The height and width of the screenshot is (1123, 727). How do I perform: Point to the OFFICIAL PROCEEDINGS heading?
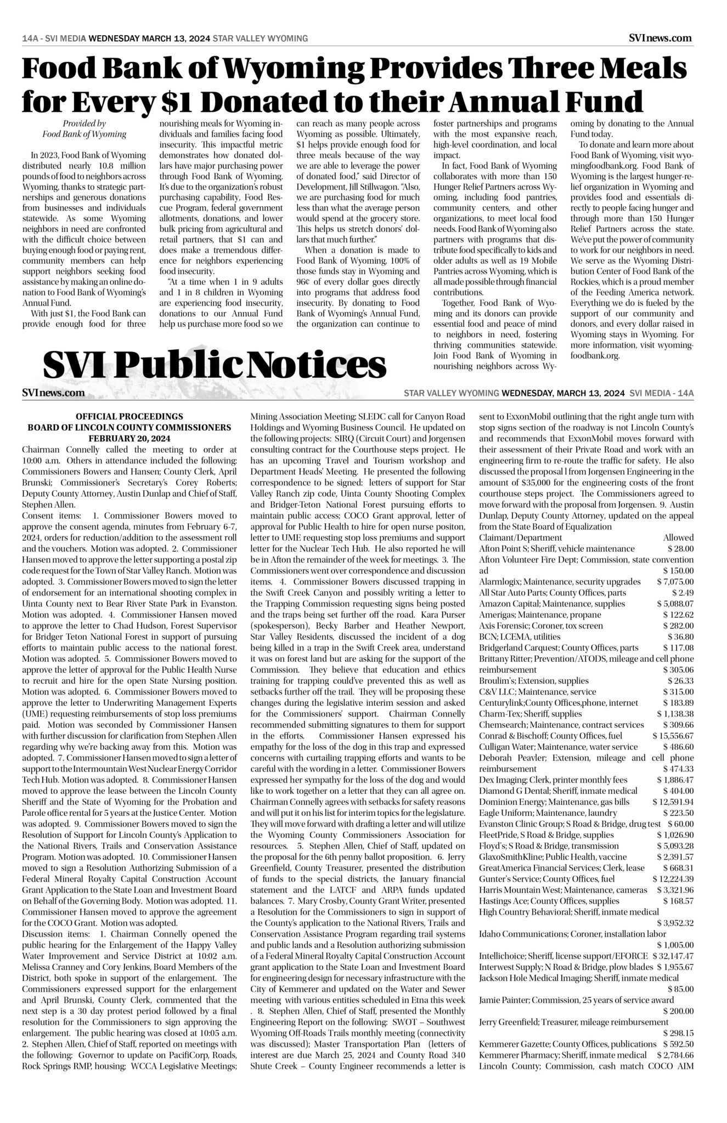point(129,417)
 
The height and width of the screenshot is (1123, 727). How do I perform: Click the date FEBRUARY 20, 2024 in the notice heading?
point(129,439)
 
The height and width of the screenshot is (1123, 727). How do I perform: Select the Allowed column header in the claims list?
point(678,537)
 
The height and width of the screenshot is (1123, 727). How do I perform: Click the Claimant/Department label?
point(520,537)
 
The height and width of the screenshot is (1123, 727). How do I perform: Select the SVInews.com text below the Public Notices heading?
point(54,393)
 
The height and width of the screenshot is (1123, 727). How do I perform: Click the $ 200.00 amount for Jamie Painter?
point(678,1011)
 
